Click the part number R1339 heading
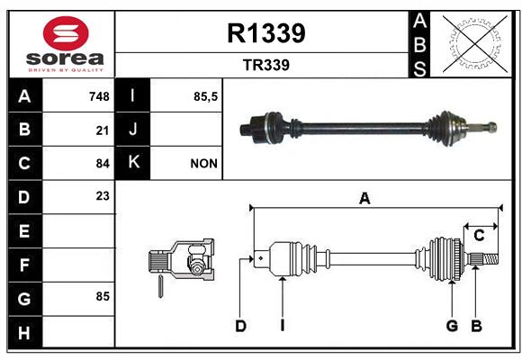[x=266, y=33]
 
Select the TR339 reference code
[x=266, y=65]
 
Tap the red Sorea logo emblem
[x=66, y=33]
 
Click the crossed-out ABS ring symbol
[x=475, y=43]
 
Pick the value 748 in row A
[x=99, y=96]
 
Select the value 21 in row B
[x=103, y=130]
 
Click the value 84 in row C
[x=103, y=164]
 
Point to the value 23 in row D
[x=103, y=196]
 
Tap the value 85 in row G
[x=103, y=296]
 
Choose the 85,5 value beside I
[x=205, y=96]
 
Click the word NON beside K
[x=203, y=164]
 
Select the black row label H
[x=25, y=332]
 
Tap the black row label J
[x=132, y=129]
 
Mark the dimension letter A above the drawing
[x=364, y=199]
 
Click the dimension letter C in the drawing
[x=479, y=236]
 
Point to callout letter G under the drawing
[x=452, y=326]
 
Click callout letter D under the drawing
[x=240, y=326]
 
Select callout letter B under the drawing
[x=476, y=326]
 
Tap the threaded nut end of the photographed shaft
[x=492, y=127]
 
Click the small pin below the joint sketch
[x=160, y=286]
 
